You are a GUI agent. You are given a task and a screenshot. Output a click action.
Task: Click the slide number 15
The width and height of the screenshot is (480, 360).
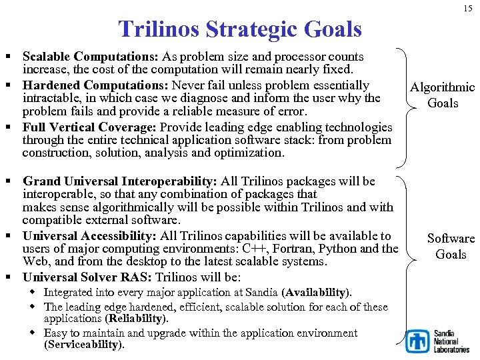coord(467,7)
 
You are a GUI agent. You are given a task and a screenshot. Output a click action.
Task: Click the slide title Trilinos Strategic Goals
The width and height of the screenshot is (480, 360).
coord(239,29)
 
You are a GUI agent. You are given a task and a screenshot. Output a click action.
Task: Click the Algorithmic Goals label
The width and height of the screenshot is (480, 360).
coord(442,95)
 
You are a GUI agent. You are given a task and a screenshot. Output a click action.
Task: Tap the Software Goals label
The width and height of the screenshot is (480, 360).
coord(451,246)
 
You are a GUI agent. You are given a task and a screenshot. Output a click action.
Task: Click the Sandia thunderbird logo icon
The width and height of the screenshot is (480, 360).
coord(418,341)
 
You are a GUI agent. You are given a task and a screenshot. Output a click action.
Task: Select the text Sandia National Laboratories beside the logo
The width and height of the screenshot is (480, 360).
coord(451,341)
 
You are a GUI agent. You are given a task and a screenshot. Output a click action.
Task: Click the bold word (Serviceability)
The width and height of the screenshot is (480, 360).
coord(84,345)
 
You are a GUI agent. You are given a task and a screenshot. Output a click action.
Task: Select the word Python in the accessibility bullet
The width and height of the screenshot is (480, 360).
coord(337,249)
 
